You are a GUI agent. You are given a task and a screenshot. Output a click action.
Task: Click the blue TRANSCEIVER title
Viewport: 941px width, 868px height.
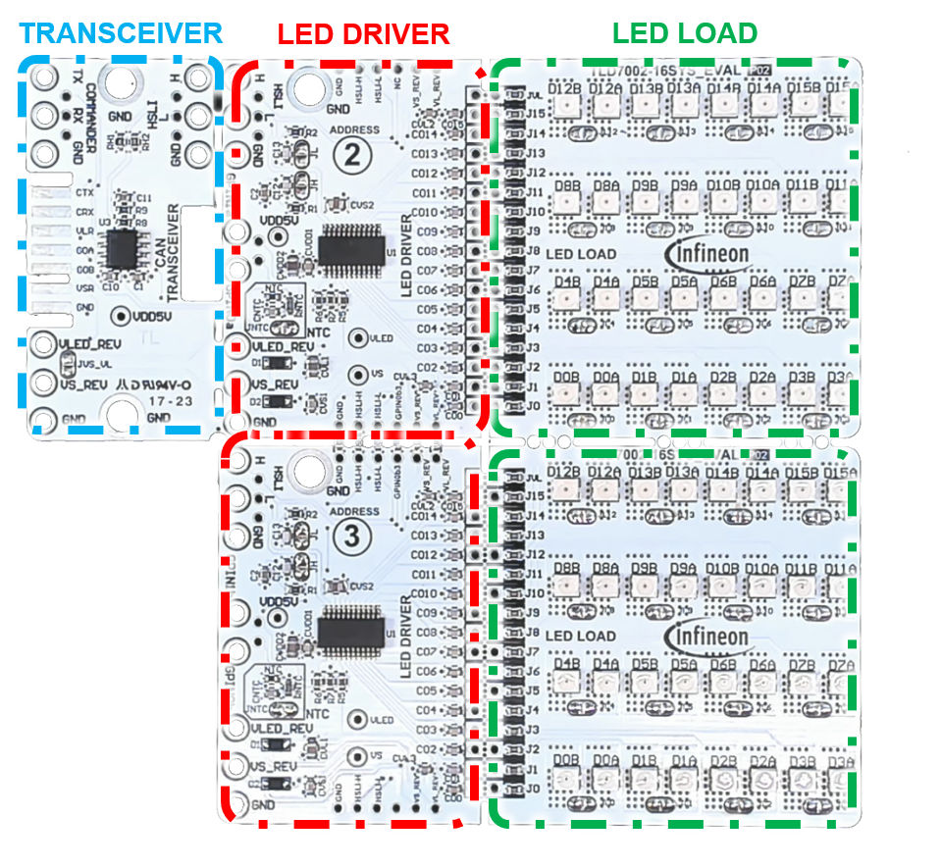pos(122,33)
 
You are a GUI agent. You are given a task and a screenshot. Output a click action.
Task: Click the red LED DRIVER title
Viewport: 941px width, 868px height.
pos(363,34)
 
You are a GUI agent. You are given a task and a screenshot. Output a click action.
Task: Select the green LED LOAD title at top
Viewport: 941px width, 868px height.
pos(684,33)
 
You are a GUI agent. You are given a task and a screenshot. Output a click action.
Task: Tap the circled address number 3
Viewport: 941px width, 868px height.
pos(351,535)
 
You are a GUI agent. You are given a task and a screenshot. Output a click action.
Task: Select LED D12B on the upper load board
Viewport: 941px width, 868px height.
pos(566,107)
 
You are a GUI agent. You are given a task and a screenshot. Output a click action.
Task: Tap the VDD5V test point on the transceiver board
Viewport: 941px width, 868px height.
pos(121,316)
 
